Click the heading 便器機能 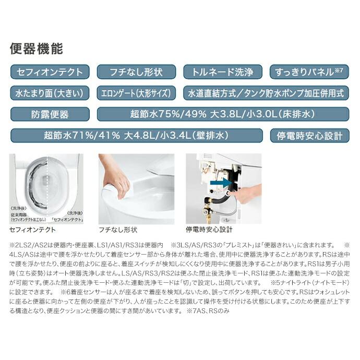(x=37, y=50)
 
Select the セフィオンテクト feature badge (x=50, y=72)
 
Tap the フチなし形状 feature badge (x=136, y=72)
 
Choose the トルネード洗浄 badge (x=223, y=72)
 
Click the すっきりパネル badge (x=309, y=72)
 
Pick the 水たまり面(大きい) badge (x=50, y=93)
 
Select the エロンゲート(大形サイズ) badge (x=136, y=93)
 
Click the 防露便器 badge (x=50, y=114)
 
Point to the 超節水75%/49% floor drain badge (x=223, y=114)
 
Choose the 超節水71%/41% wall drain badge (x=136, y=136)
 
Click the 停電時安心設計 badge (x=309, y=136)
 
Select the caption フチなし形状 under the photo (x=117, y=229)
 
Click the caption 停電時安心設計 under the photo (x=209, y=229)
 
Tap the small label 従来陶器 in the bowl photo (x=19, y=214)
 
